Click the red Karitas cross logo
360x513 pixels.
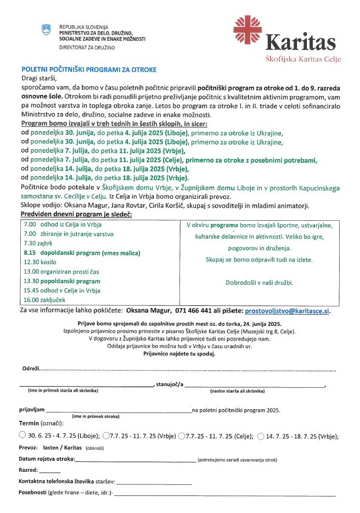[248, 30]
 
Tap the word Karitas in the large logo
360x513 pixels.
[300, 42]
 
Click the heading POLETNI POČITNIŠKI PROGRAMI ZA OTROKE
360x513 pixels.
[89, 70]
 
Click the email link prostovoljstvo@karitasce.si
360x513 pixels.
[288, 310]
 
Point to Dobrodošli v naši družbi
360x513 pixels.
[259, 282]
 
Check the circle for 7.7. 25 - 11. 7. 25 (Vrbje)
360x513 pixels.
[106, 436]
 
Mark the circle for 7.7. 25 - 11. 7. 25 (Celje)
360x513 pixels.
[182, 436]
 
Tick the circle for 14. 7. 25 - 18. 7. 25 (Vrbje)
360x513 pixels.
[261, 436]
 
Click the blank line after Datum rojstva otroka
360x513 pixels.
[135, 460]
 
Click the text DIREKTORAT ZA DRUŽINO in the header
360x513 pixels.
[87, 48]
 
